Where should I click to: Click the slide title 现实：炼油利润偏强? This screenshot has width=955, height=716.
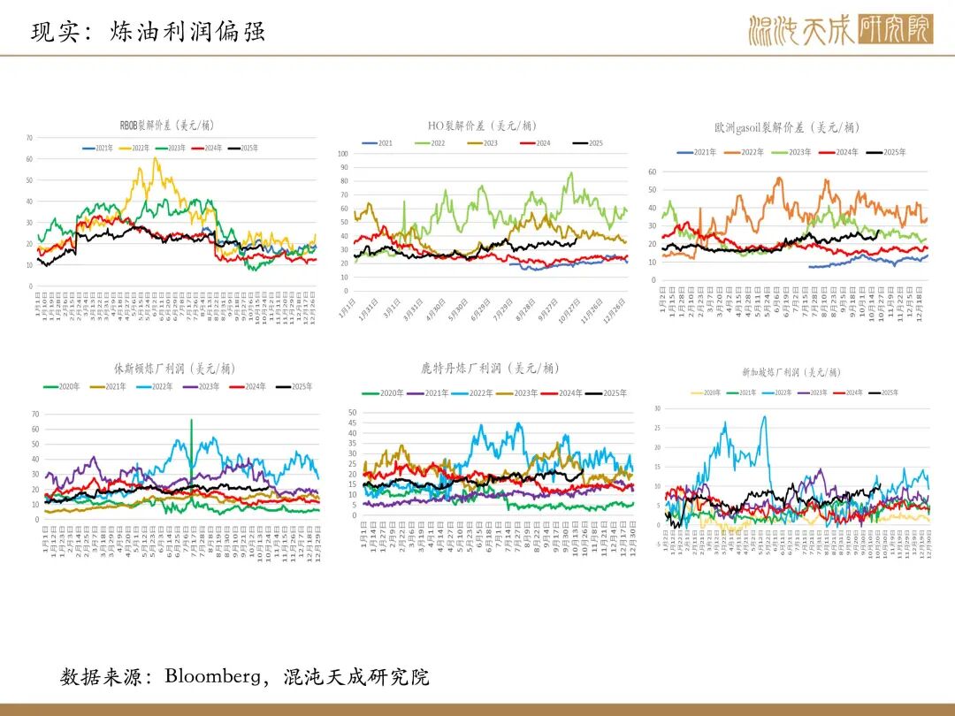pos(148,33)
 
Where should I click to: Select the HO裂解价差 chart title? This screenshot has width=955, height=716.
pos(482,126)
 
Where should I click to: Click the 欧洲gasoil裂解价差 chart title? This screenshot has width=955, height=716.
pos(786,128)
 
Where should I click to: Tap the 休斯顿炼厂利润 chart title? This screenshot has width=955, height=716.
pos(174,368)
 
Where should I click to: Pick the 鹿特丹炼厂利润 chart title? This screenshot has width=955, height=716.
pos(490,368)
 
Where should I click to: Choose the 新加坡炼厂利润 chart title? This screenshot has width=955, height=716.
pos(791,372)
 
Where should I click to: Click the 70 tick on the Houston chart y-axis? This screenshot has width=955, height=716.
pos(35,414)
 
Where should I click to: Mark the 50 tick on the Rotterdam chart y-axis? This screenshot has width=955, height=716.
pos(352,413)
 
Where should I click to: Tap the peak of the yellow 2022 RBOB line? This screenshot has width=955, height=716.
pos(156,158)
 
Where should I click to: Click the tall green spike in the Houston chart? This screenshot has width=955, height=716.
pos(191,421)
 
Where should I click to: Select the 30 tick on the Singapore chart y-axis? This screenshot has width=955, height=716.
pos(656,408)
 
